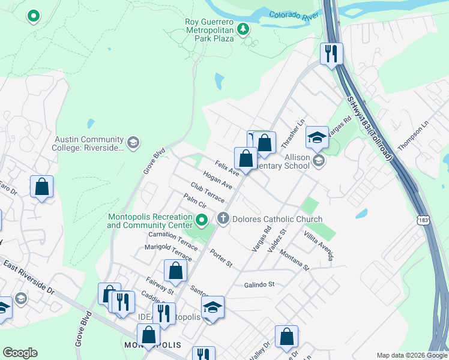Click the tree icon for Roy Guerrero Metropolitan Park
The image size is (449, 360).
pyautogui.click(x=243, y=29)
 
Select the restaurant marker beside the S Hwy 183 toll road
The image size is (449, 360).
pyautogui.click(x=331, y=54)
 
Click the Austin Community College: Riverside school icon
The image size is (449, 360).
pyautogui.click(x=133, y=143)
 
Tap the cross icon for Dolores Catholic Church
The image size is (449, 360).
pyautogui.click(x=223, y=218)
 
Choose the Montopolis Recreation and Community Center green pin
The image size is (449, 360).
pyautogui.click(x=202, y=221)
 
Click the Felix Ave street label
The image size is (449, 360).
pyautogui.click(x=228, y=167)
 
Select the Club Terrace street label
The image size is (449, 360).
pyautogui.click(x=207, y=193)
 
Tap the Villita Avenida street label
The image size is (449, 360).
pyautogui.click(x=318, y=245)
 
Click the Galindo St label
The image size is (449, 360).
pyautogui.click(x=259, y=284)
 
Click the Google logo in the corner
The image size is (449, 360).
pyautogui.click(x=20, y=353)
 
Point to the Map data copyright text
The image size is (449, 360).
pyautogui.click(x=412, y=355)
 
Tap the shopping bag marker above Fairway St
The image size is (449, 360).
pyautogui.click(x=175, y=271)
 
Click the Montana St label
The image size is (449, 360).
pyautogui.click(x=294, y=260)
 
